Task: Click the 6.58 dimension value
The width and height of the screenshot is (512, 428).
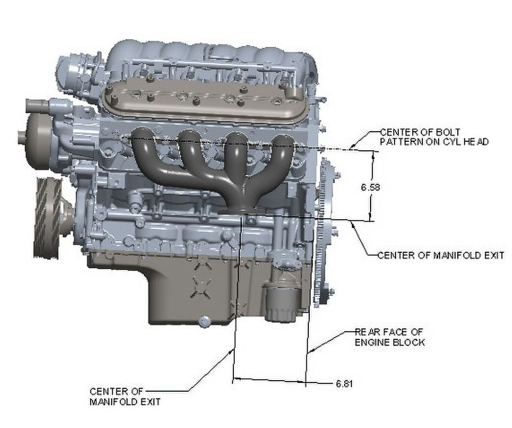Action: [370, 188]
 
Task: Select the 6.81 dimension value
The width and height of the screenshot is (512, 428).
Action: [345, 383]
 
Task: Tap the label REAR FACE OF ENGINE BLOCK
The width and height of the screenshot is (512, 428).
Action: [390, 337]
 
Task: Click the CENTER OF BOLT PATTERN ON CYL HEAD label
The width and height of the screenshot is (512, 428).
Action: [434, 137]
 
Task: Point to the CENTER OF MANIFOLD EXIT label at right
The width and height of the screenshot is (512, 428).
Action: [441, 255]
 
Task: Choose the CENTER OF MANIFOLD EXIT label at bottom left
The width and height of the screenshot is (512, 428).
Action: [125, 396]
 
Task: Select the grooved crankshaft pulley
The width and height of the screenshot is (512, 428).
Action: [49, 218]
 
